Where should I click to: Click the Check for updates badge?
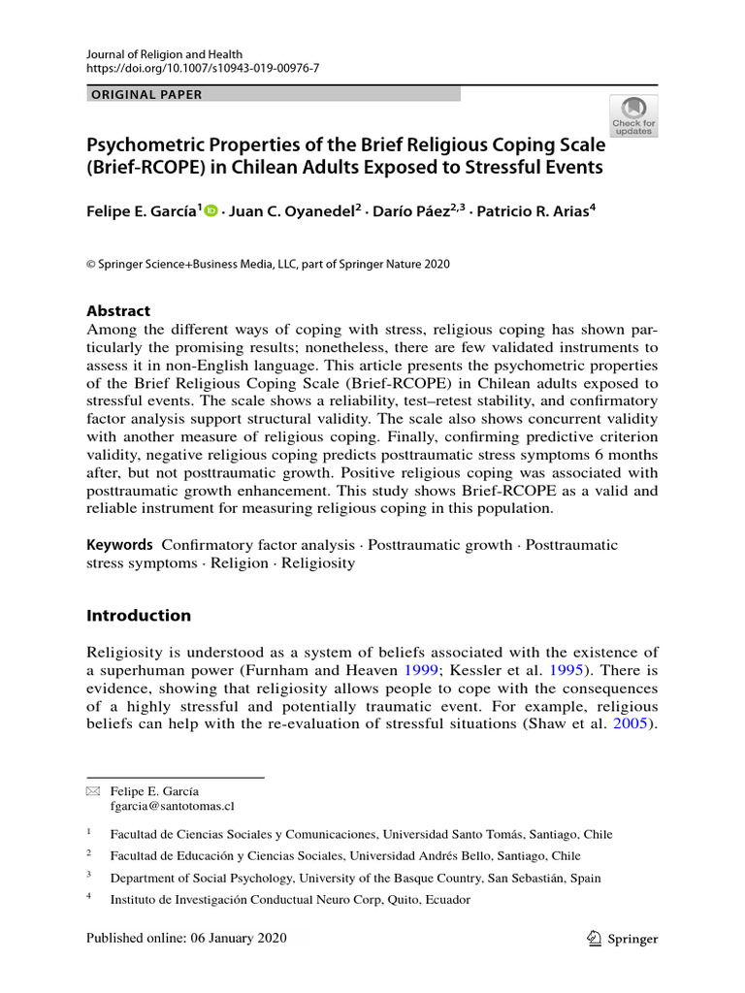click(633, 115)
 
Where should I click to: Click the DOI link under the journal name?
click(203, 68)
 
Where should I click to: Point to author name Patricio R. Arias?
click(530, 212)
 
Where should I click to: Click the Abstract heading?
click(118, 311)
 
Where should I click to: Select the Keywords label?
click(119, 545)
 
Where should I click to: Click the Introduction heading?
click(139, 616)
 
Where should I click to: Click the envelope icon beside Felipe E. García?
click(93, 791)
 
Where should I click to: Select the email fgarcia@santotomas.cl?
click(172, 806)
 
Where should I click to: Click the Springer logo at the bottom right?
click(623, 939)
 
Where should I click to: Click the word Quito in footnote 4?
click(393, 900)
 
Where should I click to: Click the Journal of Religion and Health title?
click(163, 52)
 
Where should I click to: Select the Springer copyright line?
click(268, 264)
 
